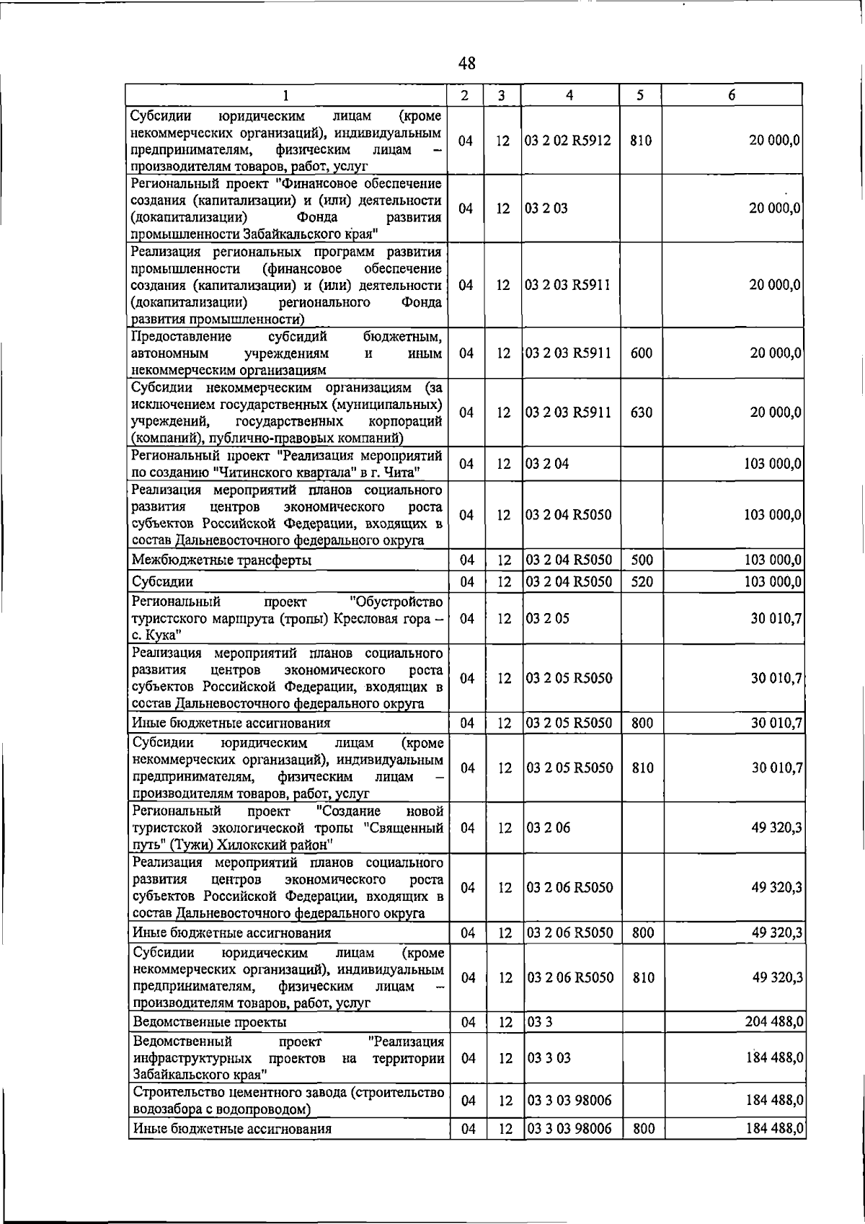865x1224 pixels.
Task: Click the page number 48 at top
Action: click(467, 64)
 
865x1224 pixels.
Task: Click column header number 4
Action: click(569, 95)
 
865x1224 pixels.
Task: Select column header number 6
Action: click(732, 95)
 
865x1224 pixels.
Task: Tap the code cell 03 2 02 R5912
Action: click(568, 141)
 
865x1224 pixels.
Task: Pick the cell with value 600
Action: click(641, 353)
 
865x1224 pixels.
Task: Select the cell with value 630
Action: click(641, 413)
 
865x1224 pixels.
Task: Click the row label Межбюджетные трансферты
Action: click(222, 560)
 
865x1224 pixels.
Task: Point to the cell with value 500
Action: click(641, 560)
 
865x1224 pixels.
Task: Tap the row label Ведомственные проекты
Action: click(210, 1022)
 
